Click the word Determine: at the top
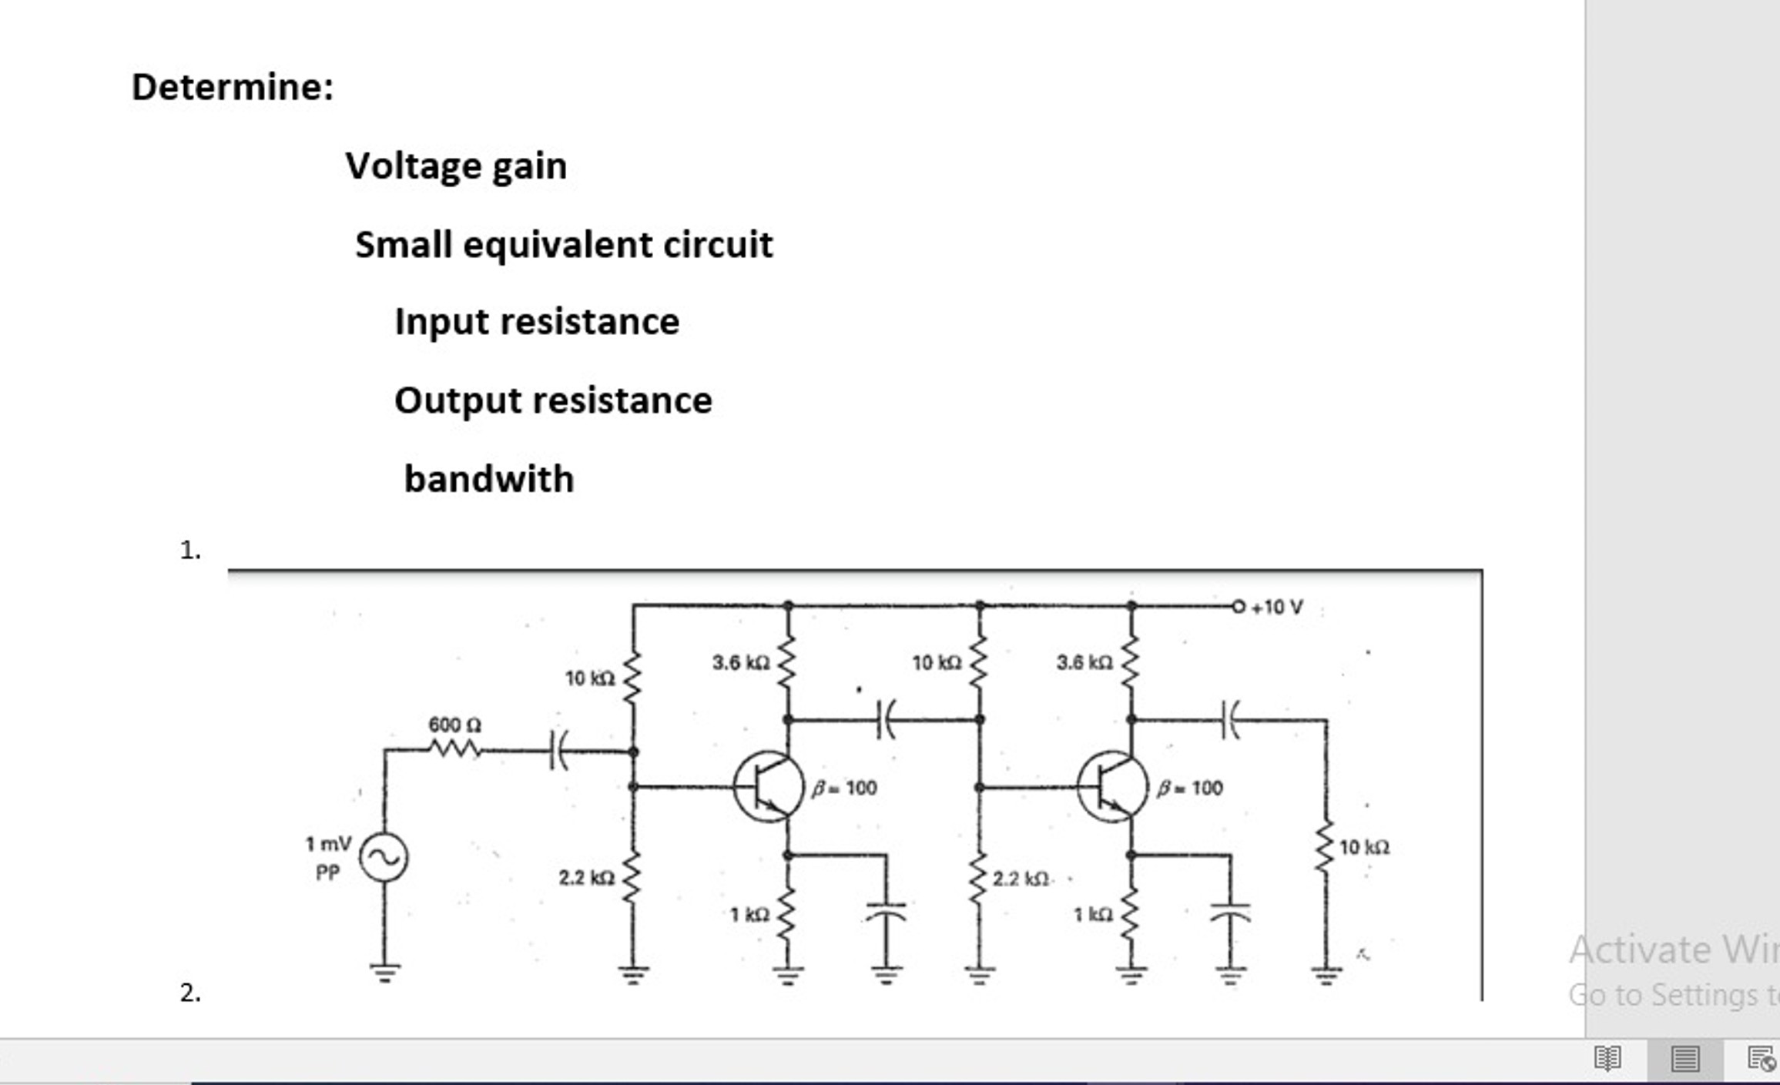[x=233, y=86]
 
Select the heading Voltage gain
[x=456, y=166]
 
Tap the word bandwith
[x=489, y=479]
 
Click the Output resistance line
[x=553, y=400]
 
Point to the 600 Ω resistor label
[x=454, y=725]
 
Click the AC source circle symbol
[x=384, y=857]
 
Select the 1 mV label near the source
[x=328, y=844]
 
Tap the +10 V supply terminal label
[x=1277, y=608]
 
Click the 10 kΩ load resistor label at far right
[x=1364, y=848]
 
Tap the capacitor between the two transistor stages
[x=886, y=719]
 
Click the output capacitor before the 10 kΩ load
[x=1230, y=719]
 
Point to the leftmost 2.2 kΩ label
[x=586, y=878]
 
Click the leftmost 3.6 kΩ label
[x=740, y=662]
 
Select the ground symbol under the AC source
[x=384, y=972]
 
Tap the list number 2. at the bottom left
[x=190, y=993]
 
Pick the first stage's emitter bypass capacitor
[x=886, y=912]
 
